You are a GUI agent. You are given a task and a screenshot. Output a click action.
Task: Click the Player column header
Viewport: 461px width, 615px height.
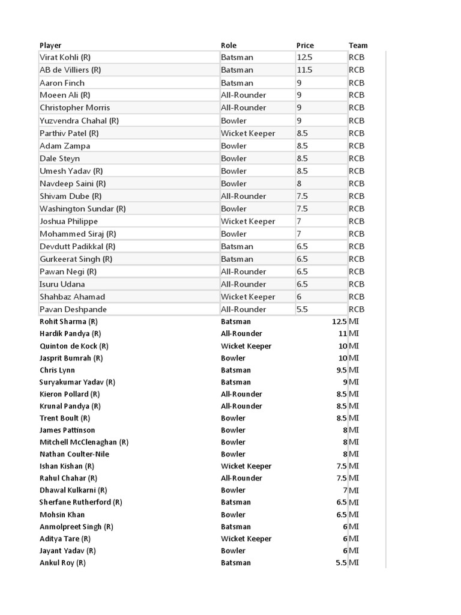(50, 45)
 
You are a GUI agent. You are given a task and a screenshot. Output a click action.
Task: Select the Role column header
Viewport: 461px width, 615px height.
(229, 45)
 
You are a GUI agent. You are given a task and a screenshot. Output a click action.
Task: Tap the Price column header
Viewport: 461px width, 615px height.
(305, 45)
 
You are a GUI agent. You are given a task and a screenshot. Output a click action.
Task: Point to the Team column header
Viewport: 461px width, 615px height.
(358, 45)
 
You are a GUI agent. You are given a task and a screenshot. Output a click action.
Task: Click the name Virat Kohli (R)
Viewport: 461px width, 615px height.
(65, 58)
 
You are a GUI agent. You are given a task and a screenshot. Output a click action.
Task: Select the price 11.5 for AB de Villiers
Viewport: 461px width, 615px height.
(304, 70)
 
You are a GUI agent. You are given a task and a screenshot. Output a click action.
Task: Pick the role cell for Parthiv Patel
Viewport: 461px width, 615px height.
(248, 133)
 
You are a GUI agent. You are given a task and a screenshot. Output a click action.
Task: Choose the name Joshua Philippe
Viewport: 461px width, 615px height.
(68, 222)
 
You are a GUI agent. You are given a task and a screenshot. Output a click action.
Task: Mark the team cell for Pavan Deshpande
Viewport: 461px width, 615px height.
(357, 309)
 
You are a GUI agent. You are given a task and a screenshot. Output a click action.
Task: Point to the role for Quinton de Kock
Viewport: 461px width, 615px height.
(246, 346)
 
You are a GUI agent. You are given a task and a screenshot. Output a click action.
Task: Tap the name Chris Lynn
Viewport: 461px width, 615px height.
(57, 370)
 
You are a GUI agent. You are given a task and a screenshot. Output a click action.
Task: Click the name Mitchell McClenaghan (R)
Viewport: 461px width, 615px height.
(84, 442)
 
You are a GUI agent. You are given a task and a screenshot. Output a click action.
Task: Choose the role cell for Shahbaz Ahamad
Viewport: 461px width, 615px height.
(248, 297)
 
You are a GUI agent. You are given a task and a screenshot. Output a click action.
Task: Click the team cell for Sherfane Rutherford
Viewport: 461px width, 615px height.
(354, 502)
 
